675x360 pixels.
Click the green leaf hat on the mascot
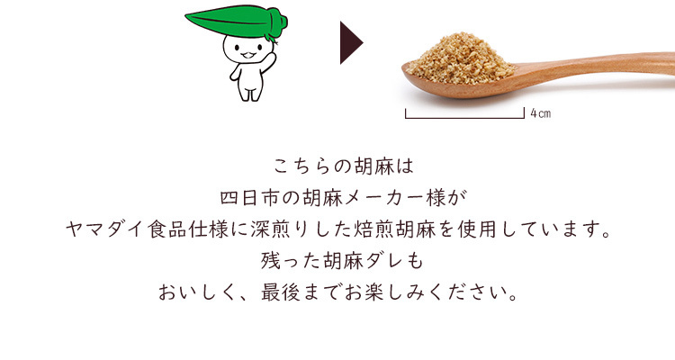pyautogui.click(x=237, y=22)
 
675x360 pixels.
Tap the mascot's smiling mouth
pyautogui.click(x=248, y=55)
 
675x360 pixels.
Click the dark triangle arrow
pyautogui.click(x=351, y=42)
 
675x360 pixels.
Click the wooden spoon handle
pyautogui.click(x=598, y=66)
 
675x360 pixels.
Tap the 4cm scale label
pyautogui.click(x=540, y=113)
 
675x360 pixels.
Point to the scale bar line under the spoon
pyautogui.click(x=464, y=118)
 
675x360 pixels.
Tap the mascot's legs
pyautogui.click(x=250, y=93)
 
